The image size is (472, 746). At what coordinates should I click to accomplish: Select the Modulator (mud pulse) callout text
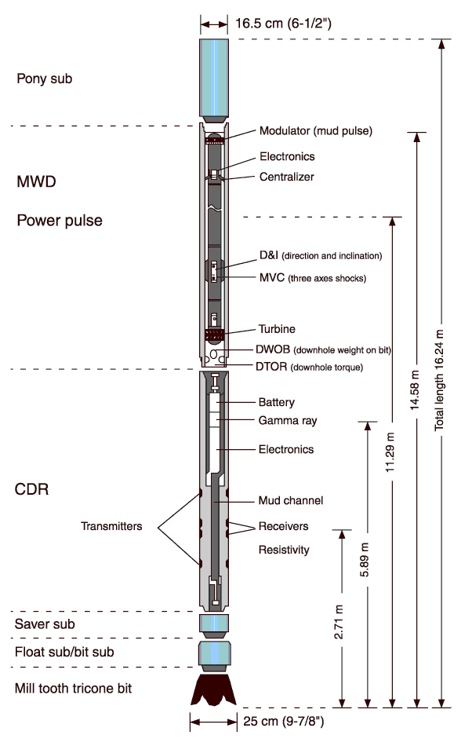(315, 130)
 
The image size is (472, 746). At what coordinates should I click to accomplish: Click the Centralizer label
(286, 177)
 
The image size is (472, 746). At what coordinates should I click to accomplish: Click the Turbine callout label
(277, 329)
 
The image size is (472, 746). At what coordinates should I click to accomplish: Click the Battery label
(276, 402)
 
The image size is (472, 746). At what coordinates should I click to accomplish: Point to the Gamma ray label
(287, 421)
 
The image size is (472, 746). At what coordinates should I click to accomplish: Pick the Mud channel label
(290, 500)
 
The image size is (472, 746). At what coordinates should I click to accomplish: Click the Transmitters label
(111, 526)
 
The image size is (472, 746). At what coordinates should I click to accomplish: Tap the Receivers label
(283, 526)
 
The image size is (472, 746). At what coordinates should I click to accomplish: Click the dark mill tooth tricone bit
(214, 689)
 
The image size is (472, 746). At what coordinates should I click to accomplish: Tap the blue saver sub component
(214, 624)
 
